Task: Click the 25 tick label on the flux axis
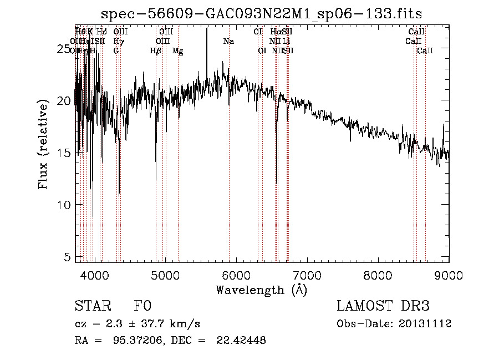[x=65, y=49]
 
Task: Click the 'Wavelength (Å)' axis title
[x=261, y=290]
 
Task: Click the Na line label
[x=228, y=42]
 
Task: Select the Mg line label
[x=177, y=51]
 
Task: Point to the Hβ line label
[x=155, y=51]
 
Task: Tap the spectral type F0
[x=142, y=307]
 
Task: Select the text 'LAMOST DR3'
[x=383, y=307]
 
